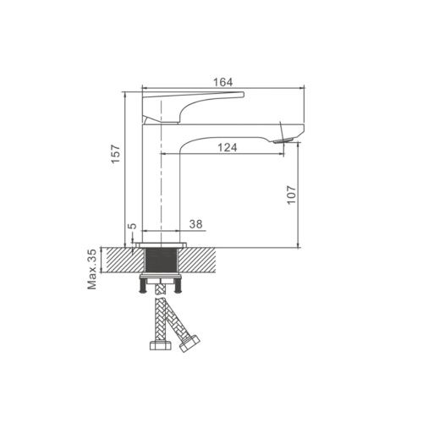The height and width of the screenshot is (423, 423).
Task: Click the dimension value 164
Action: pyautogui.click(x=222, y=82)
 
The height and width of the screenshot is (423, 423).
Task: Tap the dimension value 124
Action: pyautogui.click(x=228, y=147)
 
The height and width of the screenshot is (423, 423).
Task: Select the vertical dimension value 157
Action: pyautogui.click(x=116, y=154)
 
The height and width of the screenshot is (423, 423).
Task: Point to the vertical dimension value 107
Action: pyautogui.click(x=291, y=195)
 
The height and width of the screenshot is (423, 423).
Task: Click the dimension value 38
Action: pyautogui.click(x=195, y=224)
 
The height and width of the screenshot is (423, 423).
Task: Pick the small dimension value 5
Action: pyautogui.click(x=132, y=226)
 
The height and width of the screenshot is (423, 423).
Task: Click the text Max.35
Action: pyautogui.click(x=92, y=269)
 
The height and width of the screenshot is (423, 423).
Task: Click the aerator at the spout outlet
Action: pyautogui.click(x=283, y=140)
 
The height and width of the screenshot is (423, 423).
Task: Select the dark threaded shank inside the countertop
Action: pyautogui.click(x=161, y=261)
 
